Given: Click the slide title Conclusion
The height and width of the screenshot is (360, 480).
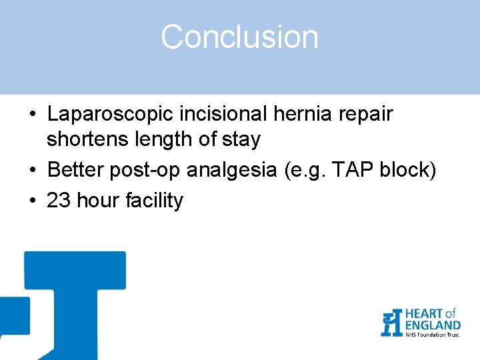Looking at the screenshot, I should [x=239, y=37].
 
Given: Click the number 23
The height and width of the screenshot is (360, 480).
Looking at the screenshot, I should [x=59, y=201].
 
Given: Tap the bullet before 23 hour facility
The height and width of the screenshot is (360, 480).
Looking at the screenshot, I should [x=32, y=201].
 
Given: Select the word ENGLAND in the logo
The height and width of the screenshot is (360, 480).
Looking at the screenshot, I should [x=432, y=325].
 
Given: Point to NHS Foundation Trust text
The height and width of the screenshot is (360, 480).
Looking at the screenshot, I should [x=431, y=335].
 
